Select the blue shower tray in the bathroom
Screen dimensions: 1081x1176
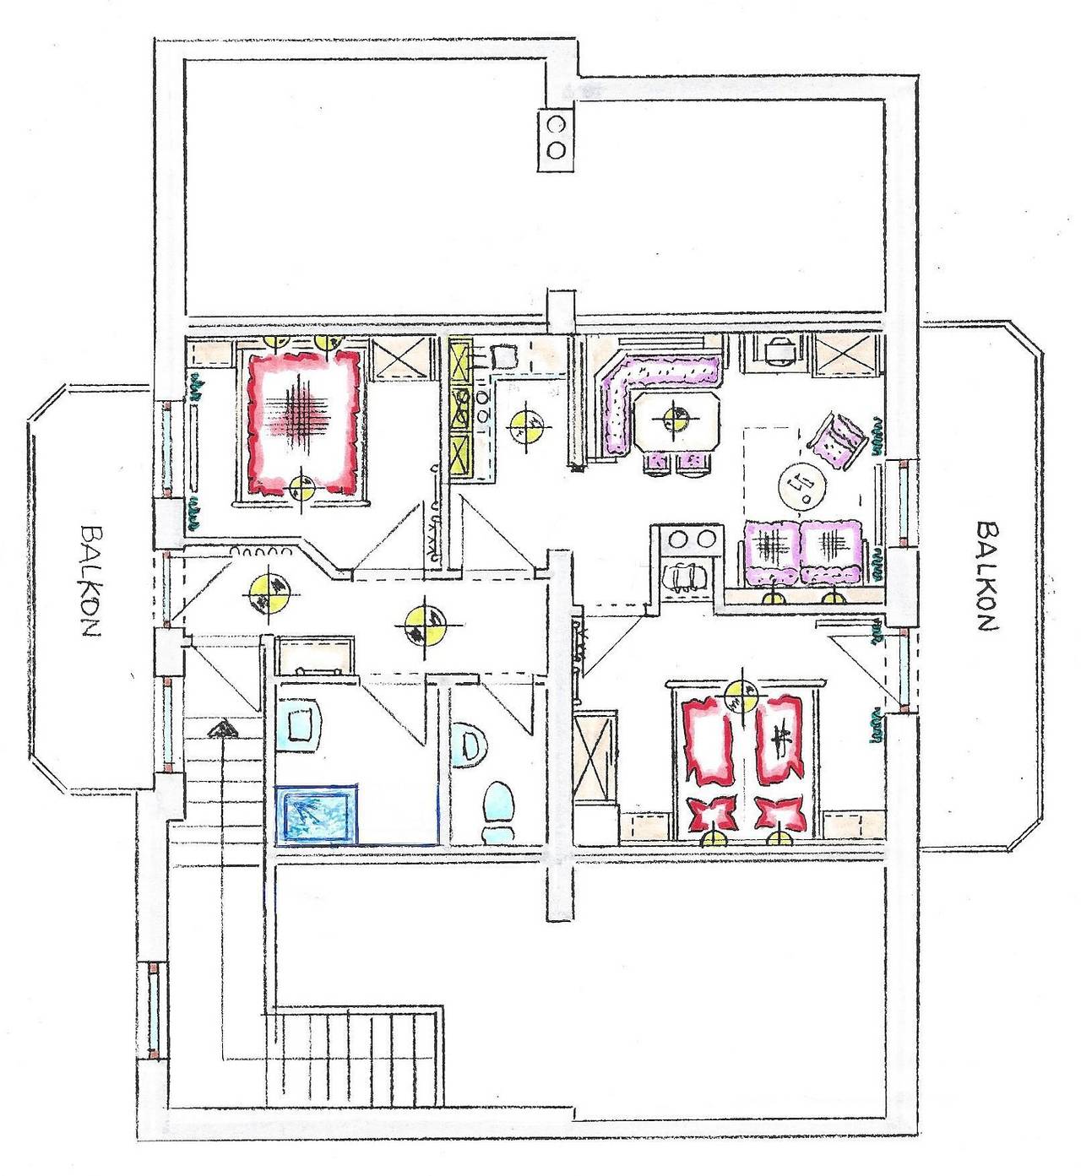(x=316, y=815)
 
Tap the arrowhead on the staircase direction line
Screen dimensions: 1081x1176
(x=223, y=729)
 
